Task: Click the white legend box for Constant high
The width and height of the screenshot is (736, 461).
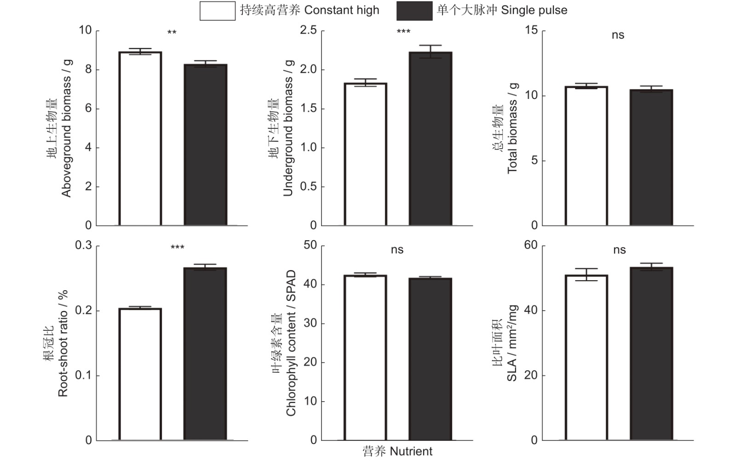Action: tap(217, 11)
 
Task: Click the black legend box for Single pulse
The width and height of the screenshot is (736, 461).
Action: tap(414, 11)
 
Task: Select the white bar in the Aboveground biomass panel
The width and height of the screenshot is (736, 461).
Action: tap(140, 138)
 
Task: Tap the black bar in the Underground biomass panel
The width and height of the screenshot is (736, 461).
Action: tap(431, 138)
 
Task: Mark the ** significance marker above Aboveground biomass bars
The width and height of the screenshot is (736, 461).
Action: tap(172, 33)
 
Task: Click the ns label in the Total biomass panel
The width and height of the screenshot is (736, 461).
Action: tap(618, 35)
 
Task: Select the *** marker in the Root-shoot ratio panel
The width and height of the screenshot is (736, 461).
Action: tap(178, 248)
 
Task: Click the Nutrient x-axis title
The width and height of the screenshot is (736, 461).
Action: tap(397, 451)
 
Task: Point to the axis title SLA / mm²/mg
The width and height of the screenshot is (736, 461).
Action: tap(512, 343)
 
